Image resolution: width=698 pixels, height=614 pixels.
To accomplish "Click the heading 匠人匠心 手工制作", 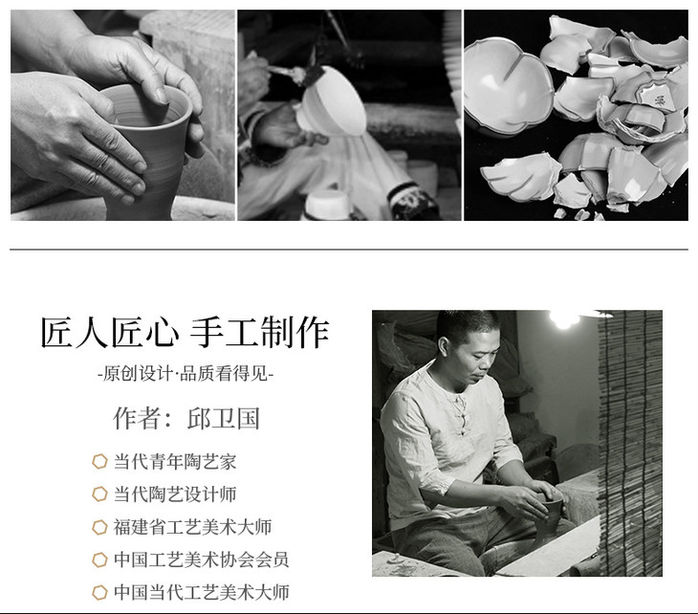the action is [x=185, y=332].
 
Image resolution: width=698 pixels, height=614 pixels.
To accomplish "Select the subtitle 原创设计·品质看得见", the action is [x=185, y=373].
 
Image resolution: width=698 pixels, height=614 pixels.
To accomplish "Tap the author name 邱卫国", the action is [x=224, y=419].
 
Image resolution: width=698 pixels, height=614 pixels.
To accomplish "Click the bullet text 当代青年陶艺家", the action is [x=175, y=461].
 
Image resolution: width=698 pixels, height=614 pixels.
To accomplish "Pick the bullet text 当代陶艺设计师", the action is [x=175, y=494].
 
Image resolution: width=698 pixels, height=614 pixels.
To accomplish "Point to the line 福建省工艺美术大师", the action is [x=192, y=527].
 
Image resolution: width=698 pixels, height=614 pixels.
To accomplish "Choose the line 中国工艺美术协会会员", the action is [x=201, y=559].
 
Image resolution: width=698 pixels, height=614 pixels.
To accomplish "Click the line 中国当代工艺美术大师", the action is [x=201, y=592].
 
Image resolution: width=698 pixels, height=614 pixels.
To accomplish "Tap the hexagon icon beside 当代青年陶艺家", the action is [x=99, y=461].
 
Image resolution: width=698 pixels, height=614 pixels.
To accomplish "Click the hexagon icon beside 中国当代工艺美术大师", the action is [x=99, y=592].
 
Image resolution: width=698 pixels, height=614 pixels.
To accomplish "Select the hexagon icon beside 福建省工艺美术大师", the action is [x=99, y=527].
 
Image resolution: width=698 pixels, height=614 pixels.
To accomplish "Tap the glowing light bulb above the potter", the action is [x=563, y=318].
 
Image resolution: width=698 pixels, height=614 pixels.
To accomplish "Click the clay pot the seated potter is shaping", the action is [x=549, y=517].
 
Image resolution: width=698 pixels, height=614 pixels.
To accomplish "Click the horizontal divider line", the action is [x=349, y=250].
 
